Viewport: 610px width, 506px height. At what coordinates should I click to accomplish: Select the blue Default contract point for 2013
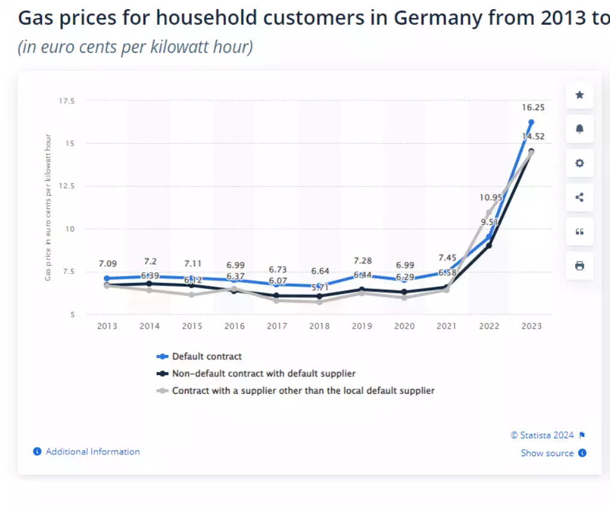(x=107, y=278)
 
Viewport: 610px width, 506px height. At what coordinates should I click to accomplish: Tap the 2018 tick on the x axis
(x=319, y=326)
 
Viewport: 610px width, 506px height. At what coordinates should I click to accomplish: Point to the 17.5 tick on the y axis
(x=66, y=101)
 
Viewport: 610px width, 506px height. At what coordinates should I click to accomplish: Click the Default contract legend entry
(x=207, y=356)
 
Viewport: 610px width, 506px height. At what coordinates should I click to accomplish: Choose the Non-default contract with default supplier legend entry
(x=264, y=373)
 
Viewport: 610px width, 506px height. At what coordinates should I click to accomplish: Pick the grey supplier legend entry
(x=303, y=391)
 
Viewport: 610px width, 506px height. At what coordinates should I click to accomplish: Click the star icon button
(x=579, y=95)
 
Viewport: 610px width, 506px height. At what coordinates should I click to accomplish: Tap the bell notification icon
(x=579, y=129)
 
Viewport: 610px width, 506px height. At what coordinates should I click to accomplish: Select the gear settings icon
(x=579, y=163)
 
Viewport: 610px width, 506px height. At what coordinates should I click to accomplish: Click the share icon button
(x=579, y=197)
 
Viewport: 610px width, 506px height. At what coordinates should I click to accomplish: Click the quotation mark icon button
(x=579, y=231)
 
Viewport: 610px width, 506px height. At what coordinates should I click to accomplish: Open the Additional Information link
(x=92, y=451)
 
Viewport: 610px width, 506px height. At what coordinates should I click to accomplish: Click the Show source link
(x=547, y=453)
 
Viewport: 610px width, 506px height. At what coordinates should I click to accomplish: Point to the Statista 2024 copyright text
(x=542, y=435)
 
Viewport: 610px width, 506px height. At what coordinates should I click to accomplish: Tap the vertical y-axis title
(x=48, y=207)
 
